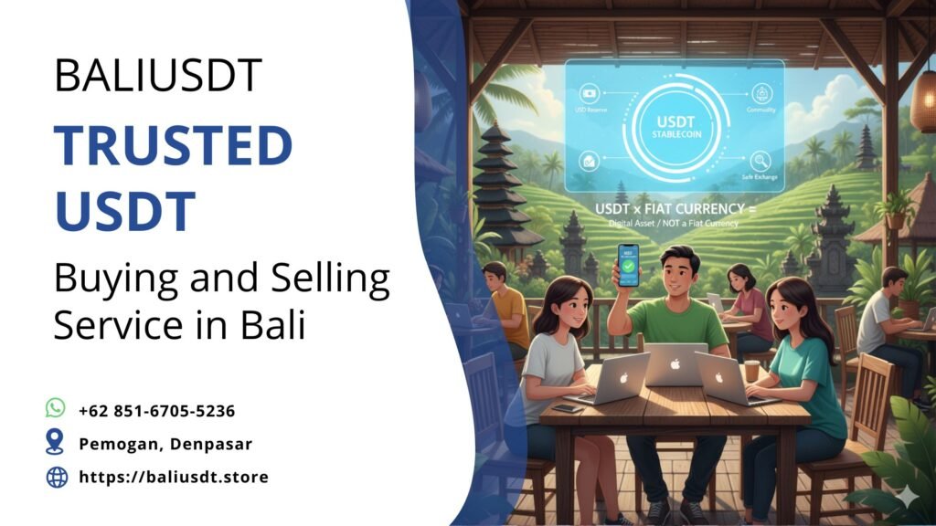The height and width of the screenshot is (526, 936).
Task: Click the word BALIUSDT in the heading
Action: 157,75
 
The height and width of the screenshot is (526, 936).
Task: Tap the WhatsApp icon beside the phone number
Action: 57,409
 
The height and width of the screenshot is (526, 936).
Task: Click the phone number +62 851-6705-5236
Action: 156,410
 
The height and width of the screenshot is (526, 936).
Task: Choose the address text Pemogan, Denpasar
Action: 165,444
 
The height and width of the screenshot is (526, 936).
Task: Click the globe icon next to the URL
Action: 57,477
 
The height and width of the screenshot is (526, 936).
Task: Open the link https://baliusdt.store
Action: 173,477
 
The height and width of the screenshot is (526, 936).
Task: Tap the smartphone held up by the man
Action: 629,264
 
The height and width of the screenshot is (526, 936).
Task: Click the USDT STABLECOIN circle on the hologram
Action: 674,128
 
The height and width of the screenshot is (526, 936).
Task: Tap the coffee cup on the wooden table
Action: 751,370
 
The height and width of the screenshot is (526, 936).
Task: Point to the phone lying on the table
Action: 568,407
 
